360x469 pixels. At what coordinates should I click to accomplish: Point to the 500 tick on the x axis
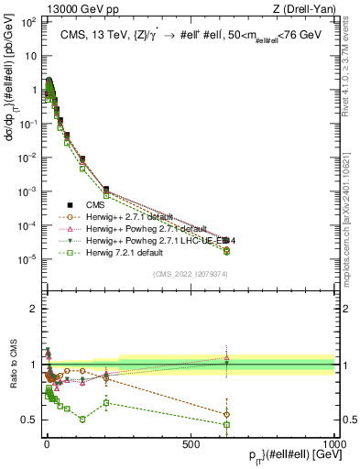[190, 442]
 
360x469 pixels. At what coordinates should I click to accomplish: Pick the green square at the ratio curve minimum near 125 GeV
[82, 420]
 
